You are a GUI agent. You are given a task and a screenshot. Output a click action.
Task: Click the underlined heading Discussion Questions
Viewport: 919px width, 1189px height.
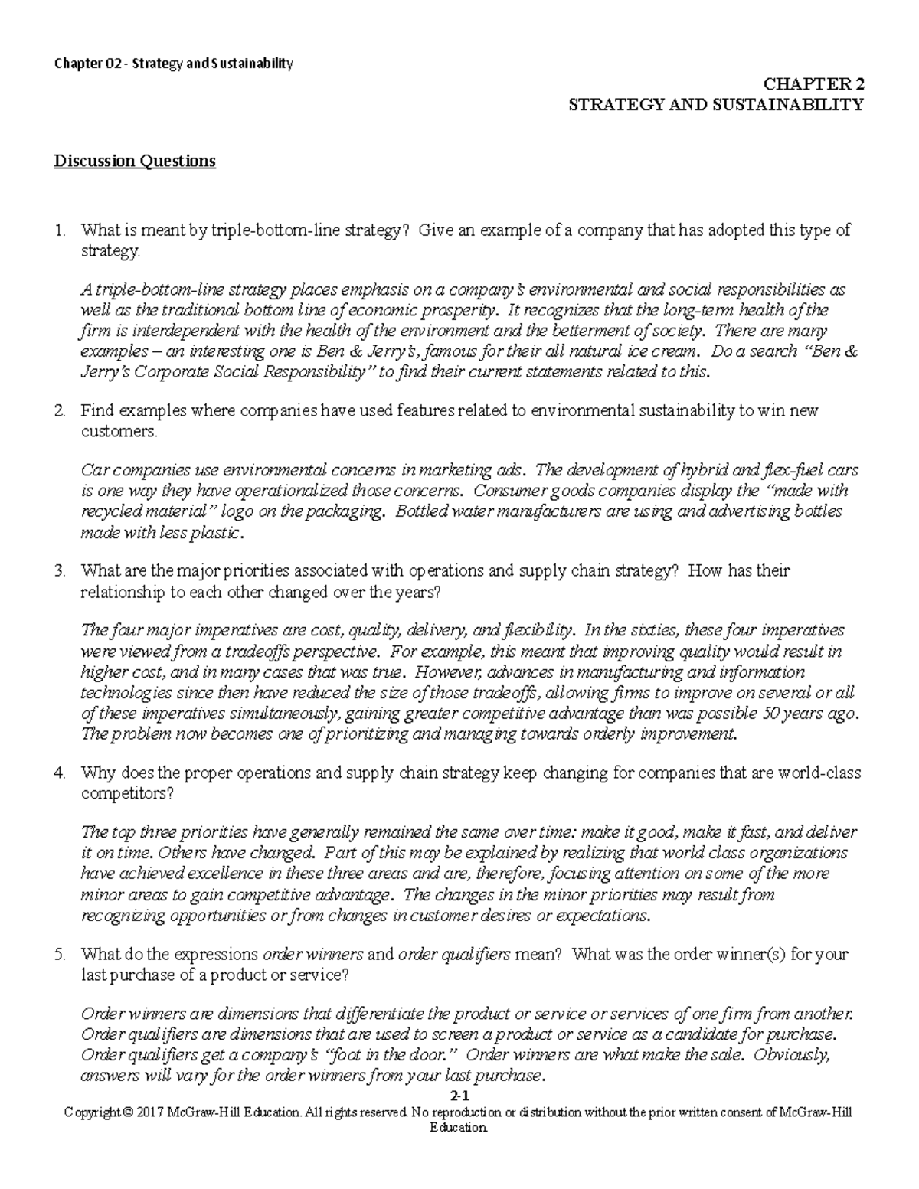click(134, 162)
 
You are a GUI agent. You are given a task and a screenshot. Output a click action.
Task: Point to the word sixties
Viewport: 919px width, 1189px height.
click(656, 631)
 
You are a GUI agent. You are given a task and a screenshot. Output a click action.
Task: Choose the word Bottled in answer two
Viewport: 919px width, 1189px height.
click(423, 511)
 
